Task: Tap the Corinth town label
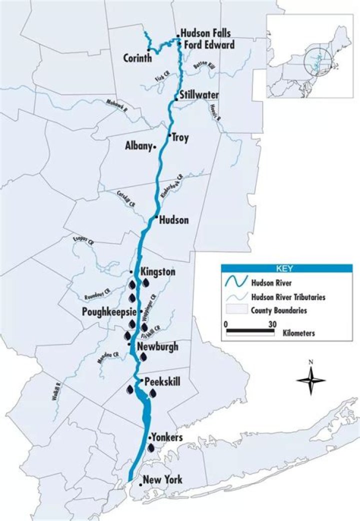[137, 58]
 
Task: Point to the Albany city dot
[155, 146]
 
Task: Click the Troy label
[180, 137]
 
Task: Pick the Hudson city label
[173, 219]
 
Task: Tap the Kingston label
[158, 272]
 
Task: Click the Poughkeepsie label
[108, 311]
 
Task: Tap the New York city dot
[140, 484]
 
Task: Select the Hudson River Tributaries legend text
[289, 296]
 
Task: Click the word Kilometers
[298, 333]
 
